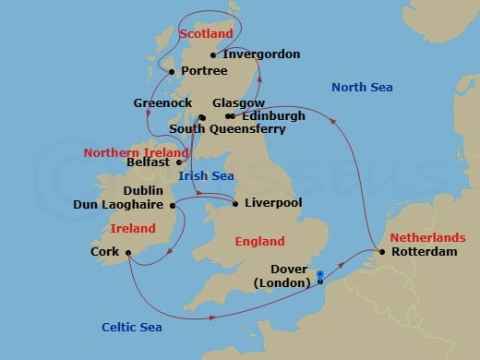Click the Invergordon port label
262,54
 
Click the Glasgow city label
238,102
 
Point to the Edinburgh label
272,116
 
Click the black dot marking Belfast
179,161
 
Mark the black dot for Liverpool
235,203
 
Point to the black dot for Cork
127,250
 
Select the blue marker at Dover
319,275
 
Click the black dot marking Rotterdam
381,251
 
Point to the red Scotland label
205,33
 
